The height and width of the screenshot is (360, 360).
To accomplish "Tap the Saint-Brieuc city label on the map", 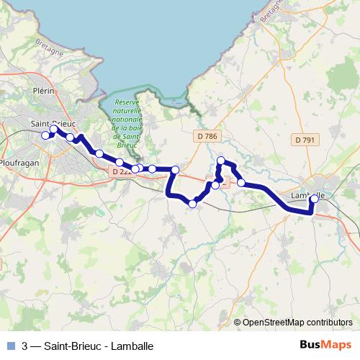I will point(54,123).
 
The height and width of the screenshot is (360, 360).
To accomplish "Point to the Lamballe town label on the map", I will point(308,195).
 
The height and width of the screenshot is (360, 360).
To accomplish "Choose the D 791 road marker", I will point(305,139).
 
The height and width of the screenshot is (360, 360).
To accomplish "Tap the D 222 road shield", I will point(121,171).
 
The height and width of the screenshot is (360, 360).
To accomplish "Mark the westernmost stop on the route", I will point(45,135).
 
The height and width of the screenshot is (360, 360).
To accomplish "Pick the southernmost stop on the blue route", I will point(192,204).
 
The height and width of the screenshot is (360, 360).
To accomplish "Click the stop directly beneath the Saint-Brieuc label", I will point(54,130).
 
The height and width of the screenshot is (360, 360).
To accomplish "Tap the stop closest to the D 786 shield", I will point(221,161).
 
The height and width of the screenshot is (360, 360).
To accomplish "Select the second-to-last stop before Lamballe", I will point(241,183).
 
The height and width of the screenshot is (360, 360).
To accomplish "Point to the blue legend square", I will point(10,346).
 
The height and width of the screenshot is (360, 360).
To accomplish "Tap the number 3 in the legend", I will point(25,346).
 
